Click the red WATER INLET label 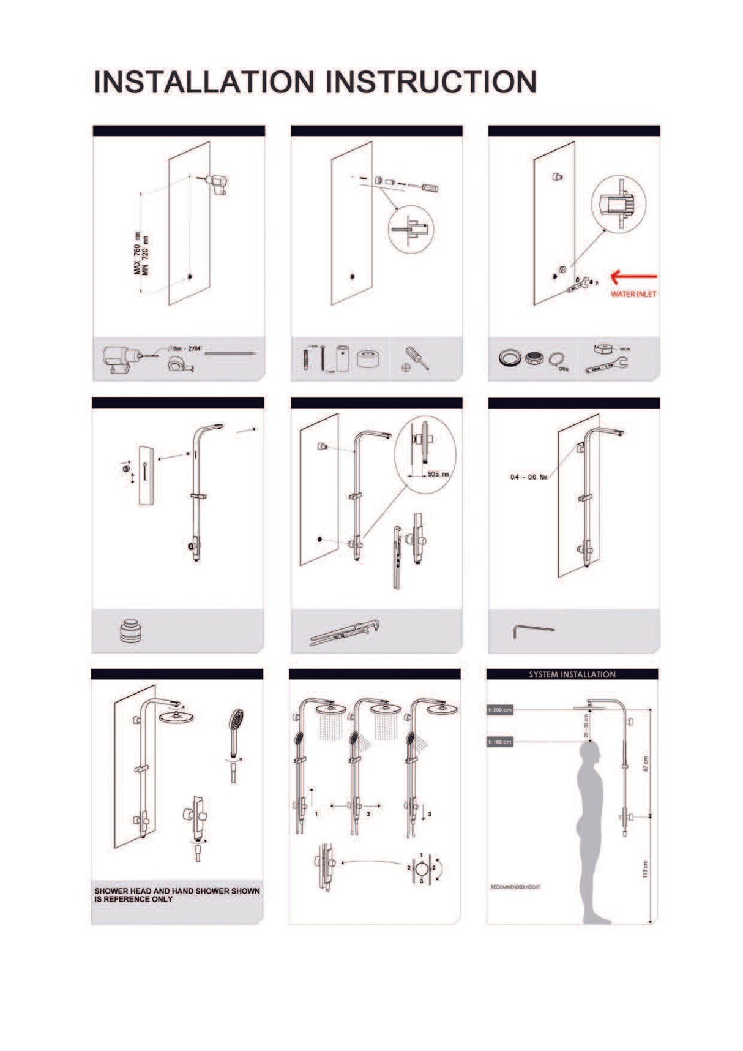pos(633,295)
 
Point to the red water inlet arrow pos(634,277)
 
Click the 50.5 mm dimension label pos(438,474)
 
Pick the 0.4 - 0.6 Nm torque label pos(529,477)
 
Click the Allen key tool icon pos(532,630)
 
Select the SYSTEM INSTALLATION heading pos(572,674)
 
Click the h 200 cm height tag pos(499,710)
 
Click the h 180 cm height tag pos(499,742)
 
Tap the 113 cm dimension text pos(645,868)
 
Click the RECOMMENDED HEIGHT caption pos(515,887)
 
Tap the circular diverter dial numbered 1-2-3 pos(422,868)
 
